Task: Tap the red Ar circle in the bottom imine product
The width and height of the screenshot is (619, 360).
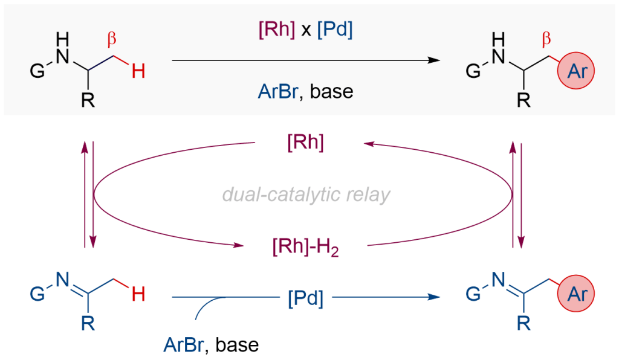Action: tap(578, 295)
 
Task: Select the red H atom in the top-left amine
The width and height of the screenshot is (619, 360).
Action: tap(139, 72)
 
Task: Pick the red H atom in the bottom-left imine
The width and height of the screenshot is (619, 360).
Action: tap(139, 295)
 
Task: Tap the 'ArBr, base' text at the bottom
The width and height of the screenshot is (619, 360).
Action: tap(211, 345)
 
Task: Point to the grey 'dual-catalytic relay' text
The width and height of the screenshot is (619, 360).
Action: tap(306, 195)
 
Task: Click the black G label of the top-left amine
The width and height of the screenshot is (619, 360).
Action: tap(37, 72)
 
